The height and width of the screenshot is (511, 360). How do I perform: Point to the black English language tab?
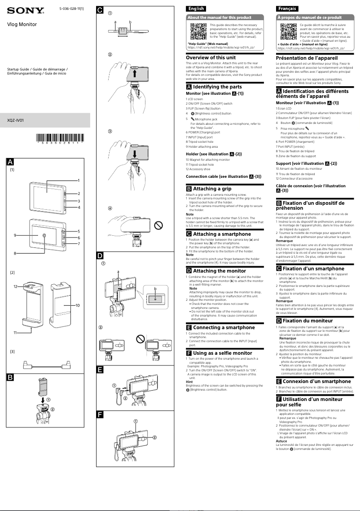click(196, 9)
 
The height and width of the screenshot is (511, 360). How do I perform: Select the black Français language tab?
click(287, 9)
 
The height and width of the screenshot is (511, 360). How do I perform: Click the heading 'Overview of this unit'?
click(211, 57)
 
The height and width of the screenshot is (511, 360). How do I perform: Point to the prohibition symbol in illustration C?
click(158, 224)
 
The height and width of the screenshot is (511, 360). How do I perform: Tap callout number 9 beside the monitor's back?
click(15, 235)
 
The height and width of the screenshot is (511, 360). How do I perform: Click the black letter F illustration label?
click(100, 414)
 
